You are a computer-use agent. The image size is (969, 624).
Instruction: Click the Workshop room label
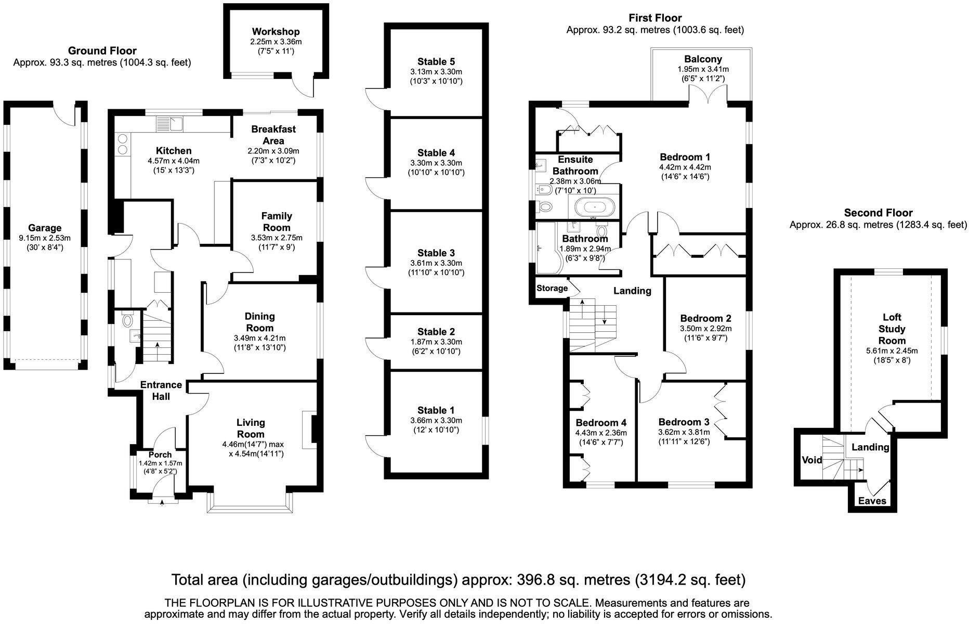point(276,32)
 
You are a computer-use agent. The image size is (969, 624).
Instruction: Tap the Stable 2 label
point(436,331)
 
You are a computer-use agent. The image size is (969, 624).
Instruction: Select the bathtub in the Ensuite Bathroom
point(595,208)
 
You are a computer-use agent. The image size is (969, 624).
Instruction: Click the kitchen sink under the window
point(171,124)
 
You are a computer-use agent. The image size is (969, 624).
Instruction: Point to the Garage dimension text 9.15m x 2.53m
point(45,238)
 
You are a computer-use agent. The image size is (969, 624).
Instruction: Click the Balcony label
point(703,59)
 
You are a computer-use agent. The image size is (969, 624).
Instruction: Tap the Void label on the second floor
point(812,460)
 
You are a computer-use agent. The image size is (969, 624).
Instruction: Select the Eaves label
point(872,501)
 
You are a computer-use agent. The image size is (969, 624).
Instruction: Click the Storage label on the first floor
point(552,288)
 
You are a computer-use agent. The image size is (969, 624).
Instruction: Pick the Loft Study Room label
point(892,329)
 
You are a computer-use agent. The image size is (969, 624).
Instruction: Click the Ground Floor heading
point(102,50)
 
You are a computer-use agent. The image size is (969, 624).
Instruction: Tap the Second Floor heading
point(878,212)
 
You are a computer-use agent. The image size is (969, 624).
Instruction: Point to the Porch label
point(160,454)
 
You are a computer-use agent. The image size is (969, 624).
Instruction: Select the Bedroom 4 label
point(601,422)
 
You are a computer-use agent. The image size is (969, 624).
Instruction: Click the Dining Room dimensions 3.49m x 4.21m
point(259,338)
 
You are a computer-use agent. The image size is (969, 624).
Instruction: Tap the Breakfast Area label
point(273,135)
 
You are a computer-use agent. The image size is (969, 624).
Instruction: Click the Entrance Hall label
point(161,391)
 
